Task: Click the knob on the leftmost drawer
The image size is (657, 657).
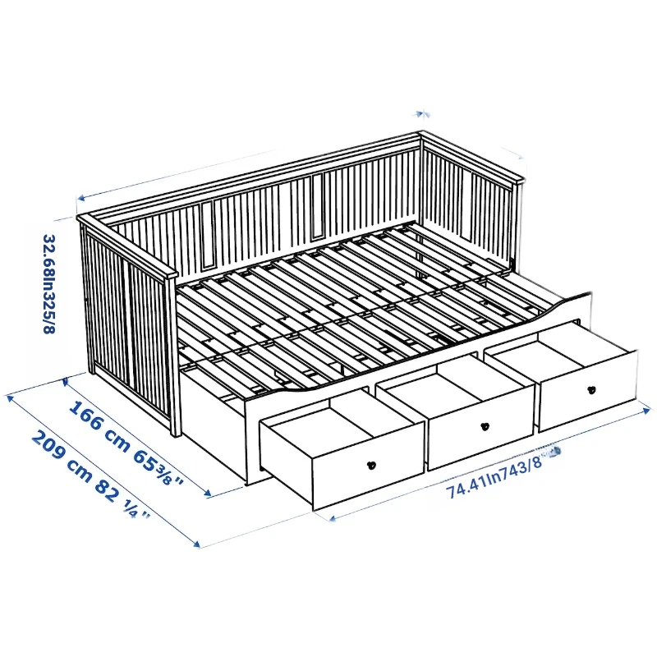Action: click(371, 465)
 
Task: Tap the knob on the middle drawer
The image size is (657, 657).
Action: click(485, 426)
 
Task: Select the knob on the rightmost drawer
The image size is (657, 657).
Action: click(591, 390)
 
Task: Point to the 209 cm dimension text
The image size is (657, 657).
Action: click(62, 457)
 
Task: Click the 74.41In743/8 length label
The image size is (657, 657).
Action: click(494, 478)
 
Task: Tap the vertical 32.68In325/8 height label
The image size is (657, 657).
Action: click(49, 283)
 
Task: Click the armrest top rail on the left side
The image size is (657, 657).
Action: click(127, 246)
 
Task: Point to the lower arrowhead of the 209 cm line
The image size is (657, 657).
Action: click(197, 544)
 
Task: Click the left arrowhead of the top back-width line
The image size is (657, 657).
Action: click(80, 198)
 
